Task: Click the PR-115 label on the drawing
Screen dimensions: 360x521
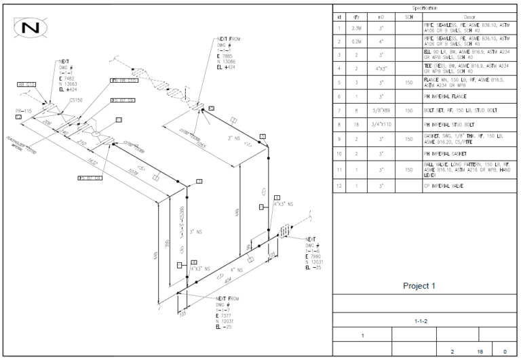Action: coord(24,110)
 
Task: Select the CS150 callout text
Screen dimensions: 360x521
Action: coord(76,100)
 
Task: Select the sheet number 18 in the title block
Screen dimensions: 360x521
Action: coord(480,352)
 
